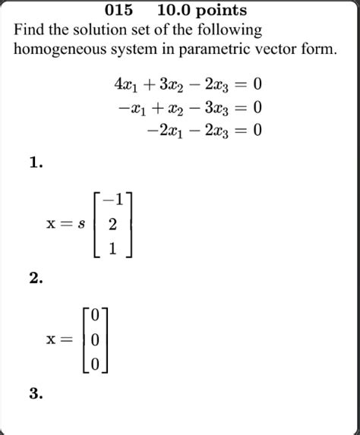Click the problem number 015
click(118, 11)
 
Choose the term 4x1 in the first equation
click(125, 84)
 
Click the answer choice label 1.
click(35, 162)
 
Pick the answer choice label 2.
click(35, 279)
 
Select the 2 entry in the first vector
click(113, 225)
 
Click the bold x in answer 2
click(52, 339)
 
